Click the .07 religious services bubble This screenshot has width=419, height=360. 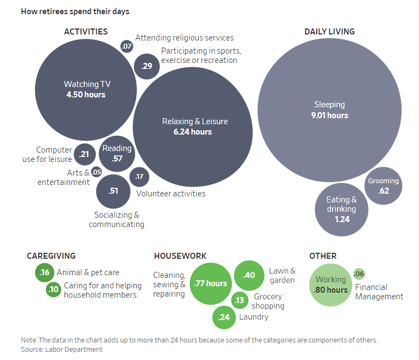(127, 47)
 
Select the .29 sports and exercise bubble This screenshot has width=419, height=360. (147, 66)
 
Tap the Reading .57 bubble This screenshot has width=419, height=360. (117, 154)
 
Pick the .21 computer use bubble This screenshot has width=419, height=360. (85, 154)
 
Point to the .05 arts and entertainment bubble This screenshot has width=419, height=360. (96, 172)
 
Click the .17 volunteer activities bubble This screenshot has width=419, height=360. (139, 177)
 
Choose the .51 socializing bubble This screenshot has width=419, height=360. (113, 191)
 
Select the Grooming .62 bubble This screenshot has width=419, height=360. (383, 186)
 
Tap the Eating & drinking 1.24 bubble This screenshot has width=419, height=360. (341, 210)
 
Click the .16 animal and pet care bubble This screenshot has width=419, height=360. (45, 272)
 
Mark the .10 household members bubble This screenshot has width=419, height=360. (54, 289)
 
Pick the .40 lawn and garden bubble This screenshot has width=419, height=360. (249, 275)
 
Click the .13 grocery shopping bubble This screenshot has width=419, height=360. (240, 300)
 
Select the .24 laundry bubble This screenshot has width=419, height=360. (224, 317)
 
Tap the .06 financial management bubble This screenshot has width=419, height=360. (359, 274)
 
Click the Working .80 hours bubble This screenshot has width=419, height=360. (330, 285)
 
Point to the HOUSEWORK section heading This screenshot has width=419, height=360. (180, 256)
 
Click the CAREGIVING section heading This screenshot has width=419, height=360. (51, 256)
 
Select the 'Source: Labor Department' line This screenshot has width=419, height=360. (62, 349)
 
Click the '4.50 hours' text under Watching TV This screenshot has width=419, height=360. (86, 95)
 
